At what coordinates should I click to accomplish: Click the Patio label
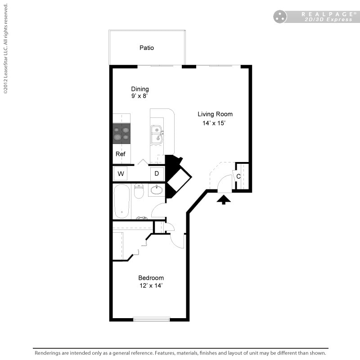click(x=146, y=48)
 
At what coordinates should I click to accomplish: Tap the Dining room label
click(x=140, y=89)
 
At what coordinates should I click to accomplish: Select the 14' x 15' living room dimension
click(x=215, y=123)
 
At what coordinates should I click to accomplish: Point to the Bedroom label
click(x=151, y=278)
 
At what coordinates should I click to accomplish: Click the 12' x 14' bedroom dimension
click(x=151, y=286)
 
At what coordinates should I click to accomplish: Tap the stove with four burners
click(x=121, y=133)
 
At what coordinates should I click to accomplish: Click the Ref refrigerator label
click(x=120, y=154)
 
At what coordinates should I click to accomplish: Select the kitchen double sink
click(x=157, y=134)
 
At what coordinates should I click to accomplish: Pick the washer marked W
click(x=121, y=174)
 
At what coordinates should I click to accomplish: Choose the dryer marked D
click(x=157, y=174)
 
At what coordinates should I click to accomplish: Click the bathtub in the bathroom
click(x=121, y=201)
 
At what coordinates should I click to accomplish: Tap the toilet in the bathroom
click(x=139, y=191)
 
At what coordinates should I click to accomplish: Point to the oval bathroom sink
click(x=157, y=190)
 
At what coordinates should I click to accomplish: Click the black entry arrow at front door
click(x=224, y=199)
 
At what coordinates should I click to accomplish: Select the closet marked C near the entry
click(x=239, y=176)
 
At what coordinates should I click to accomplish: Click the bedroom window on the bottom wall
click(x=152, y=319)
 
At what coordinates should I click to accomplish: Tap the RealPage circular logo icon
click(x=280, y=17)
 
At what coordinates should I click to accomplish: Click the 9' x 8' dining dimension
click(x=140, y=96)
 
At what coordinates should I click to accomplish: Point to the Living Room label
click(x=215, y=114)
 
